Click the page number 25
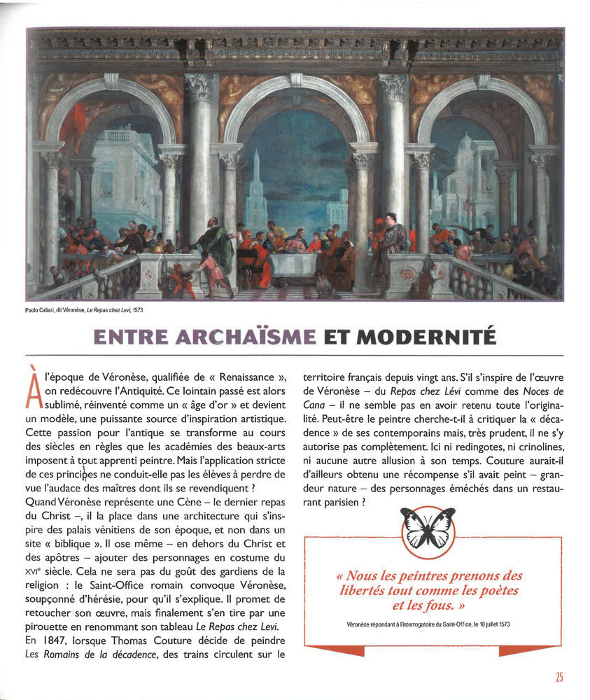click(559, 677)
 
